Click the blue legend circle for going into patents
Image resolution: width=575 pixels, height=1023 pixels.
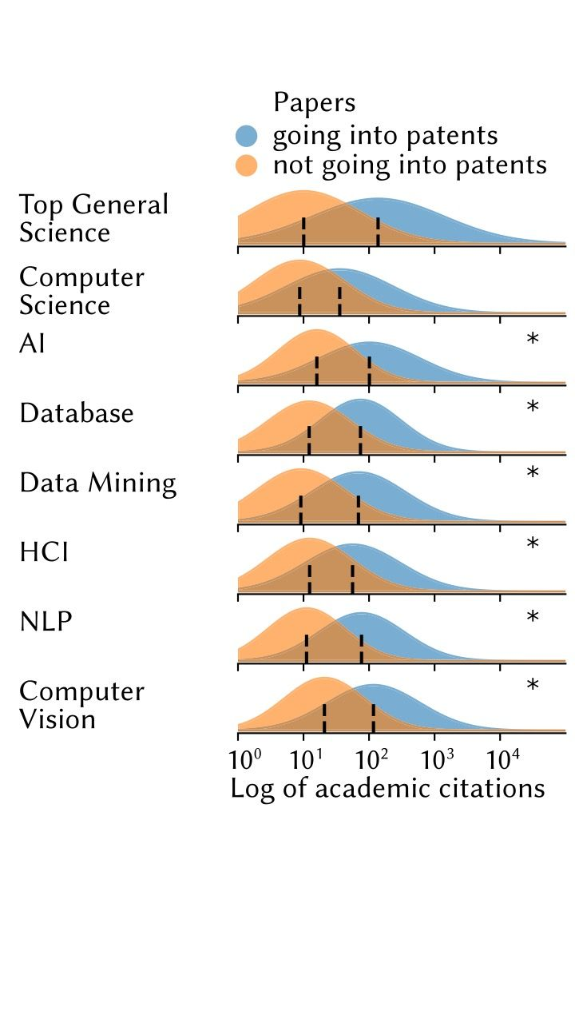point(246,136)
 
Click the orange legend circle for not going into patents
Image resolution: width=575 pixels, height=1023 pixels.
point(246,165)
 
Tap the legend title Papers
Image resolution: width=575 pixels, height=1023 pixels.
point(314,103)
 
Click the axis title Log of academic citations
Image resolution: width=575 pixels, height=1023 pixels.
point(387,788)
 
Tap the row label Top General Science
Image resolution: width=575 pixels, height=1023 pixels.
point(93,218)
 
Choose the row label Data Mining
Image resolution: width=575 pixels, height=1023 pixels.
point(97,483)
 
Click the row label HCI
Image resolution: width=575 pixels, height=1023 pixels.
point(44,551)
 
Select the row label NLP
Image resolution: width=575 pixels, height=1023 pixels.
point(46,621)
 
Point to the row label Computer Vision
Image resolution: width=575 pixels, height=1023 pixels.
point(81,705)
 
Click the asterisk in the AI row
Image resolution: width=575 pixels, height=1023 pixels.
point(533,340)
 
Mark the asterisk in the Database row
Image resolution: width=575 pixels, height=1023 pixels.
point(533,408)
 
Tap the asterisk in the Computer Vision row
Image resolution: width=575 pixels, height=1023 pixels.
point(533,687)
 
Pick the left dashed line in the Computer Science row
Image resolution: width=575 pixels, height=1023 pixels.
point(299,301)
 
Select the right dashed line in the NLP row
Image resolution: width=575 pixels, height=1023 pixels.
point(361,648)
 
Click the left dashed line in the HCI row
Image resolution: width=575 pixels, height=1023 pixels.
point(309,579)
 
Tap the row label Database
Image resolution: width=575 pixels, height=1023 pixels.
point(77,413)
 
